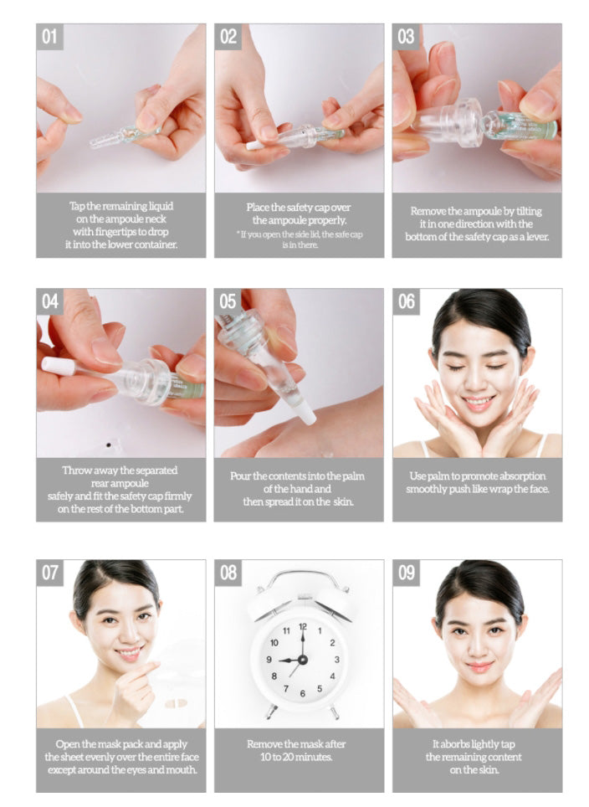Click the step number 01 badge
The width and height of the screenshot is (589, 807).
(49, 37)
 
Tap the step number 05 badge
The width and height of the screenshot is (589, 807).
(228, 301)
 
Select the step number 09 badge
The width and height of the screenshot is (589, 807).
(406, 573)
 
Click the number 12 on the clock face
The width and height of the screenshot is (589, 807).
(303, 627)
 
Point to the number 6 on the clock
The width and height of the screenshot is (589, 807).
(303, 693)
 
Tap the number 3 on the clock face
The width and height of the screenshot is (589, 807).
(337, 660)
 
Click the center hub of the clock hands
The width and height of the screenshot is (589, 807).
(303, 660)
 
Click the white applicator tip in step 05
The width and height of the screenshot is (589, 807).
(307, 414)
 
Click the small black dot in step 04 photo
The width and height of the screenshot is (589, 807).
(108, 445)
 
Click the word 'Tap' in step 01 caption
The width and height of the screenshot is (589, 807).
(77, 207)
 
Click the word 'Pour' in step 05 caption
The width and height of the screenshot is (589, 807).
(240, 476)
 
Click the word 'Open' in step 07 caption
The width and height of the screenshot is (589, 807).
(67, 744)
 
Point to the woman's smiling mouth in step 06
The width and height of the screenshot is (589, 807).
(478, 401)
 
